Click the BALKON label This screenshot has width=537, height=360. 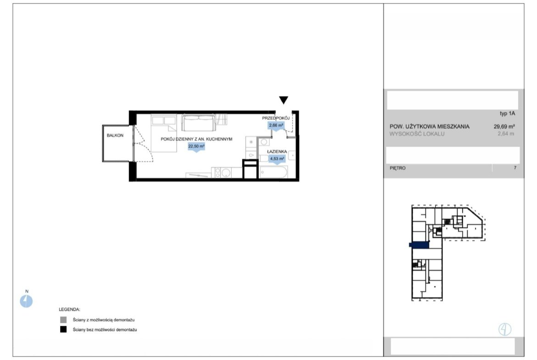tap(115, 135)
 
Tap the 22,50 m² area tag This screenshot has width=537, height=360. tap(196, 146)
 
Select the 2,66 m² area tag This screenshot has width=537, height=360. tap(276, 126)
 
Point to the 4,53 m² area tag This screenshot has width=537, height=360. tap(277, 159)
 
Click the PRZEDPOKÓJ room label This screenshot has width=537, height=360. tap(276, 118)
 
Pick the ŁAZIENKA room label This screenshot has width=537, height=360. tap(277, 152)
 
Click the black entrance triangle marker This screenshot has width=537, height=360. tap(283, 100)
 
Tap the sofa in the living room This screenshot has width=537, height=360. tap(199, 122)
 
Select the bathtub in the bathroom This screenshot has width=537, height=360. tap(273, 172)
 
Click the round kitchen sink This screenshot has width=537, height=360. tap(226, 173)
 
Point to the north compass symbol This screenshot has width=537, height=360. tap(26, 301)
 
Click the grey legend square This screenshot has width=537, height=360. tap(63, 320)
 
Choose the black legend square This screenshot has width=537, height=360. tap(63, 330)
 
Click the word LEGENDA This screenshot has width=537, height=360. tap(69, 310)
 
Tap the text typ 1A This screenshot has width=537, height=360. tap(507, 114)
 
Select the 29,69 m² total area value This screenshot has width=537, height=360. tap(504, 127)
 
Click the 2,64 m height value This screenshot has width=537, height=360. tap(506, 134)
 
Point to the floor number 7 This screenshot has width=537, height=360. tap(515, 168)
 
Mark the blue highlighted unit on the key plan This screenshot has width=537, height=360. tap(419, 245)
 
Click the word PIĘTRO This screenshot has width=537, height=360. tap(397, 168)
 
